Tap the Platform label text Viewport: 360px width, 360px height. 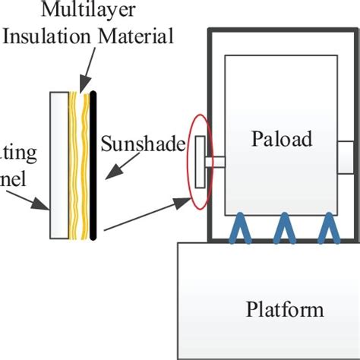pyautogui.click(x=285, y=309)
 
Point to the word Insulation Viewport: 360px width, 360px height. pyautogui.click(x=50, y=35)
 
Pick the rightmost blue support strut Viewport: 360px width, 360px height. pyautogui.click(x=327, y=227)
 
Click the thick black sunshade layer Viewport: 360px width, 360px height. pyautogui.click(x=93, y=164)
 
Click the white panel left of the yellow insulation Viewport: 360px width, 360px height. pyautogui.click(x=58, y=164)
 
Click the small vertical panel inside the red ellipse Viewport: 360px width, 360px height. pyautogui.click(x=200, y=161)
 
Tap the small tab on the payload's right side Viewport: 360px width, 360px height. pyautogui.click(x=344, y=156)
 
